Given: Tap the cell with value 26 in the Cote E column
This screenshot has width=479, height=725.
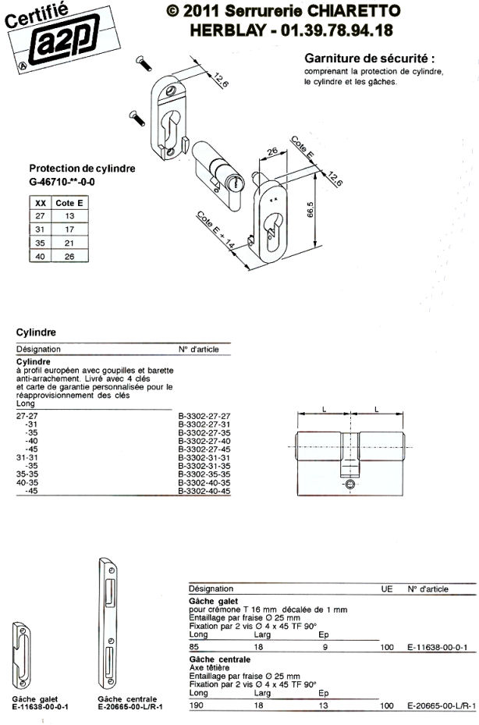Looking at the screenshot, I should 69,256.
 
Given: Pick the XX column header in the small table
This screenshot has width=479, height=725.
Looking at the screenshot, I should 41,202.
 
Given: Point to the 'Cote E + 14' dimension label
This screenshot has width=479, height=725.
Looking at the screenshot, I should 215,230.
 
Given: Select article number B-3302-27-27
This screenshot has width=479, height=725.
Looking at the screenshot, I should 204,417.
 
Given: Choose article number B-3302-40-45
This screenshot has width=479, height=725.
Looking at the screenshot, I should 204,492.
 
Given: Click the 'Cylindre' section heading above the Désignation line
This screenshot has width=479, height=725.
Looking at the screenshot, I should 34,332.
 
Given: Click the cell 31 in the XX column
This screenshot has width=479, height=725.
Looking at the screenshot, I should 41,229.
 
